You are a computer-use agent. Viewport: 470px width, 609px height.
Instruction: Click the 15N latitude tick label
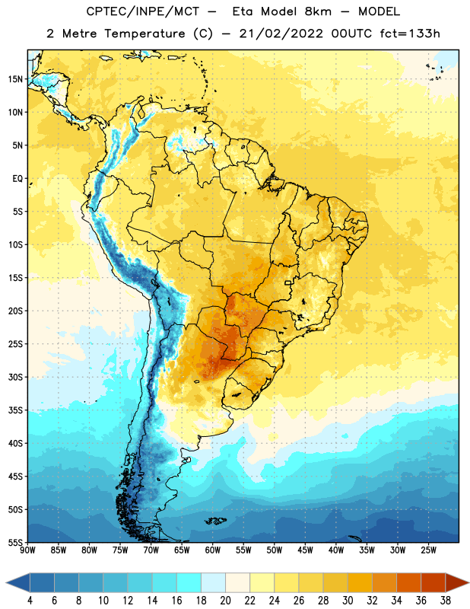tap(15, 79)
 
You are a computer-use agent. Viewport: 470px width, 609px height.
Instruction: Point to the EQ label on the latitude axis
tap(17, 179)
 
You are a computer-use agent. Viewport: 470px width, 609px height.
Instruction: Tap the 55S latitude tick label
tap(15, 542)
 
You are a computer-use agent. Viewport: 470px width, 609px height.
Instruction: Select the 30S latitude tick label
tap(15, 377)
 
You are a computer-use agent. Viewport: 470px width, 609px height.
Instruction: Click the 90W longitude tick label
tap(28, 550)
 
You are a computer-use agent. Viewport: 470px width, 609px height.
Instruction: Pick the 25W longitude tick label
tap(428, 550)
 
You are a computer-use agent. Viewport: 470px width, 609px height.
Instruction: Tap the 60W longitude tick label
tap(213, 550)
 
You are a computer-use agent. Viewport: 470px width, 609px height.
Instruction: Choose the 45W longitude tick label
tap(306, 550)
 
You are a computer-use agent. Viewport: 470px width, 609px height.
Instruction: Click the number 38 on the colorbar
tap(446, 601)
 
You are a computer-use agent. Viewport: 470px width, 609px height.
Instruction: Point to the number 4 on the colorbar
tap(30, 601)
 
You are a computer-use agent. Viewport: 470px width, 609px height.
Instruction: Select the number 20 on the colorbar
tap(225, 601)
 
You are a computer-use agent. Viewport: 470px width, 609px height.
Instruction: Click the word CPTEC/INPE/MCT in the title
tap(142, 11)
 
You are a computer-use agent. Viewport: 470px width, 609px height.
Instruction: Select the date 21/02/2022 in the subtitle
tap(281, 33)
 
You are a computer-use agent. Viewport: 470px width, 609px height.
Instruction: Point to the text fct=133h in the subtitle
tap(410, 33)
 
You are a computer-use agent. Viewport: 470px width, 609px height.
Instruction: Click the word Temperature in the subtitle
tap(144, 34)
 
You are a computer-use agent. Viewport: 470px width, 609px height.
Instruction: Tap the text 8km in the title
tap(318, 11)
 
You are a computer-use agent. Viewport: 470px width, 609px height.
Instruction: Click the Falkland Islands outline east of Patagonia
tap(215, 521)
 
